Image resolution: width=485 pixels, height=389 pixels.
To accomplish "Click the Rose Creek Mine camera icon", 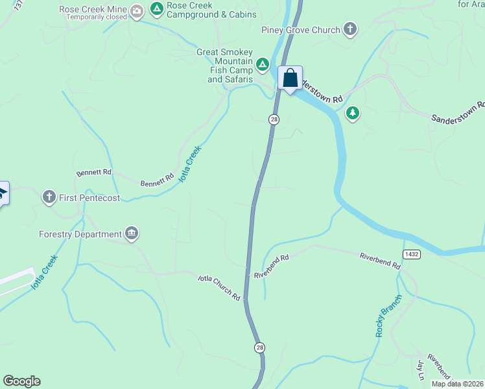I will [x=137, y=10].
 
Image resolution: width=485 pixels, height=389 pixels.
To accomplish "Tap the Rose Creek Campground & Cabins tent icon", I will [x=156, y=9].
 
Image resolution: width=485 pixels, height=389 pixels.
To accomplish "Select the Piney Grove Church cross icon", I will [x=350, y=29].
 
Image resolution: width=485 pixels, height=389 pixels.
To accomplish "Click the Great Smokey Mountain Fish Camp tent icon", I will [x=262, y=64].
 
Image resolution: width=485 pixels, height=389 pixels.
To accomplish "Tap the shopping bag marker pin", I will [x=290, y=78].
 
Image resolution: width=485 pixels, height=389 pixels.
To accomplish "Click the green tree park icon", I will [x=353, y=113].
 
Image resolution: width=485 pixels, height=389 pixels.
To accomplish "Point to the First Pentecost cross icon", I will [x=49, y=197].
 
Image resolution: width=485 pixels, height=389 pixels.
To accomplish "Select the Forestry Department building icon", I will [x=132, y=233].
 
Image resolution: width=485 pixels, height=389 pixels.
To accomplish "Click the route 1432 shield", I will [x=410, y=253].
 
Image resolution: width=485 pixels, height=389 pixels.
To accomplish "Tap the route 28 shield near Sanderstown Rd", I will [x=274, y=119].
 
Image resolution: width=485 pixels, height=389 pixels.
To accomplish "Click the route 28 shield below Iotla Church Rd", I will [x=259, y=348].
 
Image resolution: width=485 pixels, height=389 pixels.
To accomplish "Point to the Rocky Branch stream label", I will [x=388, y=315].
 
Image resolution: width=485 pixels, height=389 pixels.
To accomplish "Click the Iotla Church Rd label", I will [x=219, y=287].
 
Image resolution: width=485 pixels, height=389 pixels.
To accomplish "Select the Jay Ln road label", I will [x=420, y=370].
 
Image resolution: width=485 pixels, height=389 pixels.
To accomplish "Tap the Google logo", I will [x=21, y=381].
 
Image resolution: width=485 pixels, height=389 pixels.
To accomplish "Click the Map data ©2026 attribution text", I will [x=457, y=384].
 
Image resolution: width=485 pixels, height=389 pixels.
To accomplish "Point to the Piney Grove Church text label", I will [x=301, y=30].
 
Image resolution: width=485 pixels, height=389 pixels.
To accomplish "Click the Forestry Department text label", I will [x=80, y=234].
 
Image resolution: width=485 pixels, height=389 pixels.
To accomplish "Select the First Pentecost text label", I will [x=89, y=198].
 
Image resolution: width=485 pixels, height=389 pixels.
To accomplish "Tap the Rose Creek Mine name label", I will [x=94, y=9].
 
